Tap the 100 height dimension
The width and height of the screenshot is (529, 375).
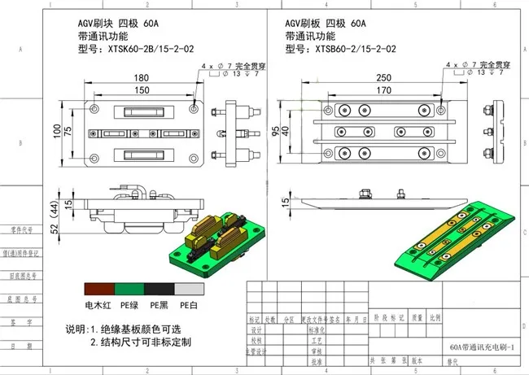pos(57,131)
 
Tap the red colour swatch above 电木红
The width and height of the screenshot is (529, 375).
pos(99,289)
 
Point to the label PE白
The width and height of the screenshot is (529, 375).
pos(189,304)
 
